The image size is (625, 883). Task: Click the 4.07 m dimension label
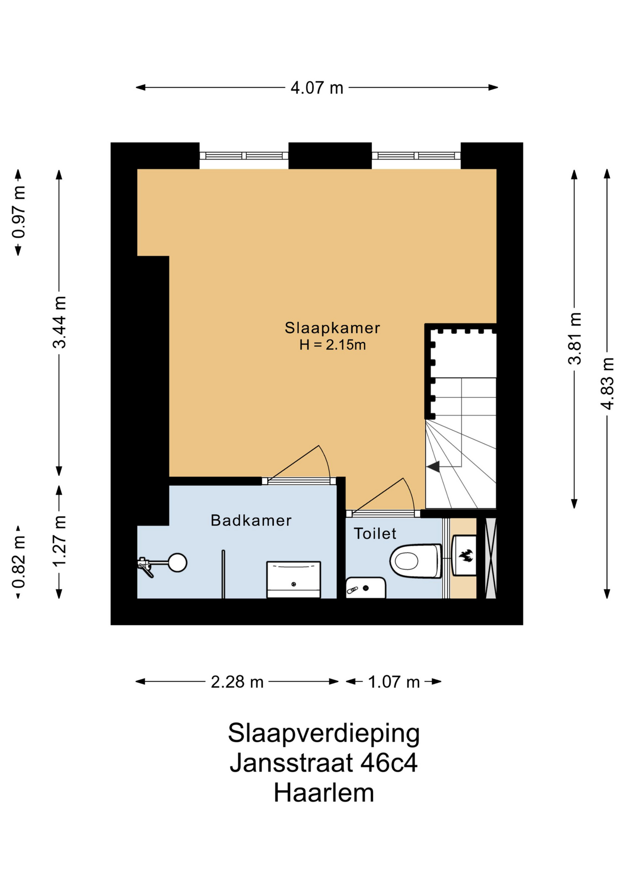pyautogui.click(x=317, y=87)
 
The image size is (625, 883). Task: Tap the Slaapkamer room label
pyautogui.click(x=332, y=328)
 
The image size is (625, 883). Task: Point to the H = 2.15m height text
pyautogui.click(x=332, y=344)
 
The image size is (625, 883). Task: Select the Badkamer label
pyautogui.click(x=251, y=520)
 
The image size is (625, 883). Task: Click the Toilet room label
pyautogui.click(x=375, y=533)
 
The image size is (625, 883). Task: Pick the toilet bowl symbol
pyautogui.click(x=416, y=561)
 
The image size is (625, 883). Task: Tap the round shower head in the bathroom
pyautogui.click(x=177, y=562)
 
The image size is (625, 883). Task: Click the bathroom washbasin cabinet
pyautogui.click(x=294, y=579)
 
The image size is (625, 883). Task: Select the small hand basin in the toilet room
pyautogui.click(x=365, y=588)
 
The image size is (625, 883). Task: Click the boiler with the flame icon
pyautogui.click(x=464, y=556)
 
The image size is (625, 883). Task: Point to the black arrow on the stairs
pyautogui.click(x=433, y=467)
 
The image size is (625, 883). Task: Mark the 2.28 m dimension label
pyautogui.click(x=237, y=682)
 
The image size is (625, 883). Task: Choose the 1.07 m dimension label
pyautogui.click(x=394, y=682)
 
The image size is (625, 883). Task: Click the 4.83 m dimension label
pyautogui.click(x=608, y=384)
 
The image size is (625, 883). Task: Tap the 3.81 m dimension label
pyautogui.click(x=574, y=338)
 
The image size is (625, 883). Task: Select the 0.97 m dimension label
pyautogui.click(x=19, y=212)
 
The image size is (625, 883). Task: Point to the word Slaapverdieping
pyautogui.click(x=324, y=733)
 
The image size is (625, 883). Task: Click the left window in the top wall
pyautogui.click(x=244, y=156)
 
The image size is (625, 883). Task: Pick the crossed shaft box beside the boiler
pyautogui.click(x=491, y=558)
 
